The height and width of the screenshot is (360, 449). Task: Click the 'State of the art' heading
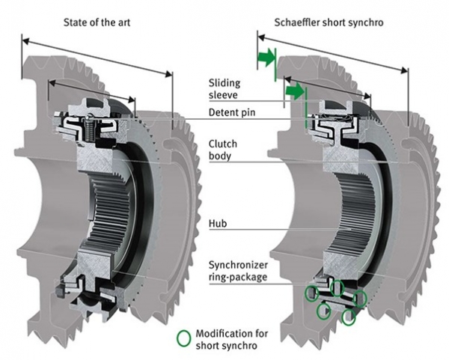pyautogui.click(x=97, y=22)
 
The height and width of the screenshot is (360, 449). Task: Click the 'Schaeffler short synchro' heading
pyautogui.click(x=329, y=22)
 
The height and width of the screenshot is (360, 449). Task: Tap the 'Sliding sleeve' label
pyautogui.click(x=224, y=89)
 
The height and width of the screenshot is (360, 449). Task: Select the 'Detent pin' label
pyautogui.click(x=232, y=112)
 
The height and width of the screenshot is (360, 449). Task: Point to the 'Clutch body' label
pyautogui.click(x=223, y=150)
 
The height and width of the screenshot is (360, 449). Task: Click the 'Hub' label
pyautogui.click(x=218, y=223)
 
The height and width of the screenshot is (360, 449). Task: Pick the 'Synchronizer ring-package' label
pyautogui.click(x=238, y=271)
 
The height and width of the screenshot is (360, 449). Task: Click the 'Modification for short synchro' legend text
pyautogui.click(x=232, y=339)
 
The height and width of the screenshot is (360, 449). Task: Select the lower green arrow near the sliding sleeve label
pyautogui.click(x=295, y=91)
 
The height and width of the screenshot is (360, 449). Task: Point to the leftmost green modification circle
pyautogui.click(x=311, y=293)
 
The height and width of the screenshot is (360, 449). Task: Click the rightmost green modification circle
pyautogui.click(x=360, y=299)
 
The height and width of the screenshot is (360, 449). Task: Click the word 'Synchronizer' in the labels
pyautogui.click(x=238, y=265)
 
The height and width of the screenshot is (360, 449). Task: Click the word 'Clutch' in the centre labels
pyautogui.click(x=223, y=144)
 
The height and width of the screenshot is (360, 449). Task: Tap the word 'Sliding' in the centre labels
pyautogui.click(x=224, y=83)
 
